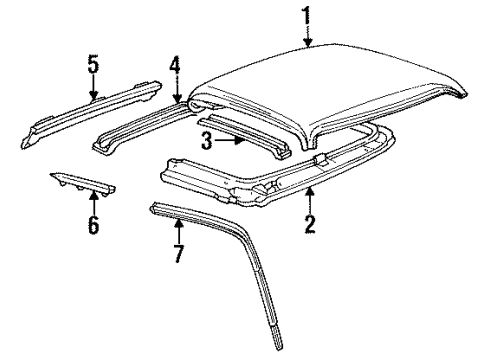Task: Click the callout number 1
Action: tap(307, 15)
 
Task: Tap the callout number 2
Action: tap(310, 224)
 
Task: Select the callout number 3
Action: tap(207, 140)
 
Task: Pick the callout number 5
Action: tap(93, 64)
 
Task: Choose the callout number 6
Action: tap(94, 224)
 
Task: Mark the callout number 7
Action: tap(179, 253)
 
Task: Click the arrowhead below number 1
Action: tap(307, 41)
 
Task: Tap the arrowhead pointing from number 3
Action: tap(239, 140)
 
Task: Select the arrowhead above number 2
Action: tap(310, 192)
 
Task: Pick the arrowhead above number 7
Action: tap(179, 224)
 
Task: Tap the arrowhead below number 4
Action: tap(176, 97)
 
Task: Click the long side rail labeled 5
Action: tap(90, 112)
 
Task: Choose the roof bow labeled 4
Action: tap(142, 128)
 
